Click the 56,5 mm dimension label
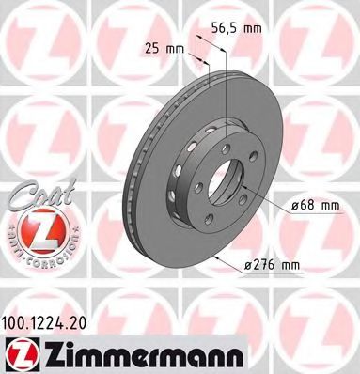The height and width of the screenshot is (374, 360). click(243, 28)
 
